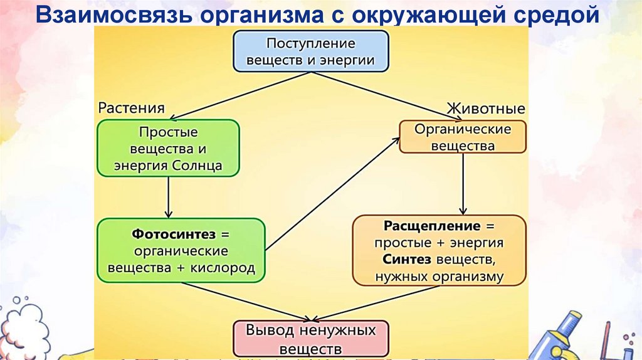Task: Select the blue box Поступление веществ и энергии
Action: tap(311, 52)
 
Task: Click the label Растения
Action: tap(131, 108)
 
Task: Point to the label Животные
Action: tap(486, 109)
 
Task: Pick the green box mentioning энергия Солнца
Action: tap(168, 149)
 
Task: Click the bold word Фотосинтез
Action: tap(173, 234)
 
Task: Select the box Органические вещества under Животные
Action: tap(463, 137)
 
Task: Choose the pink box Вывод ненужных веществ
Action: tap(311, 339)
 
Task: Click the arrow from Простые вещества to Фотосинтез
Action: tap(168, 198)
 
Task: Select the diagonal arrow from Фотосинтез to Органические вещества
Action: tap(332, 194)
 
